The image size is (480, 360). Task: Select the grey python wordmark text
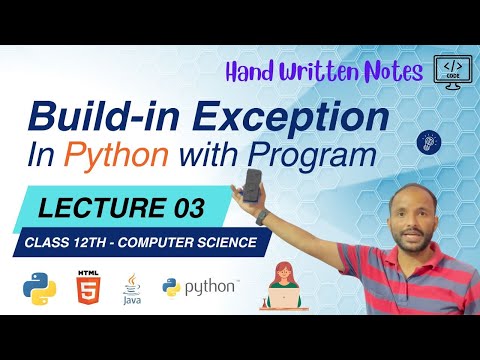tap(211, 288)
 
